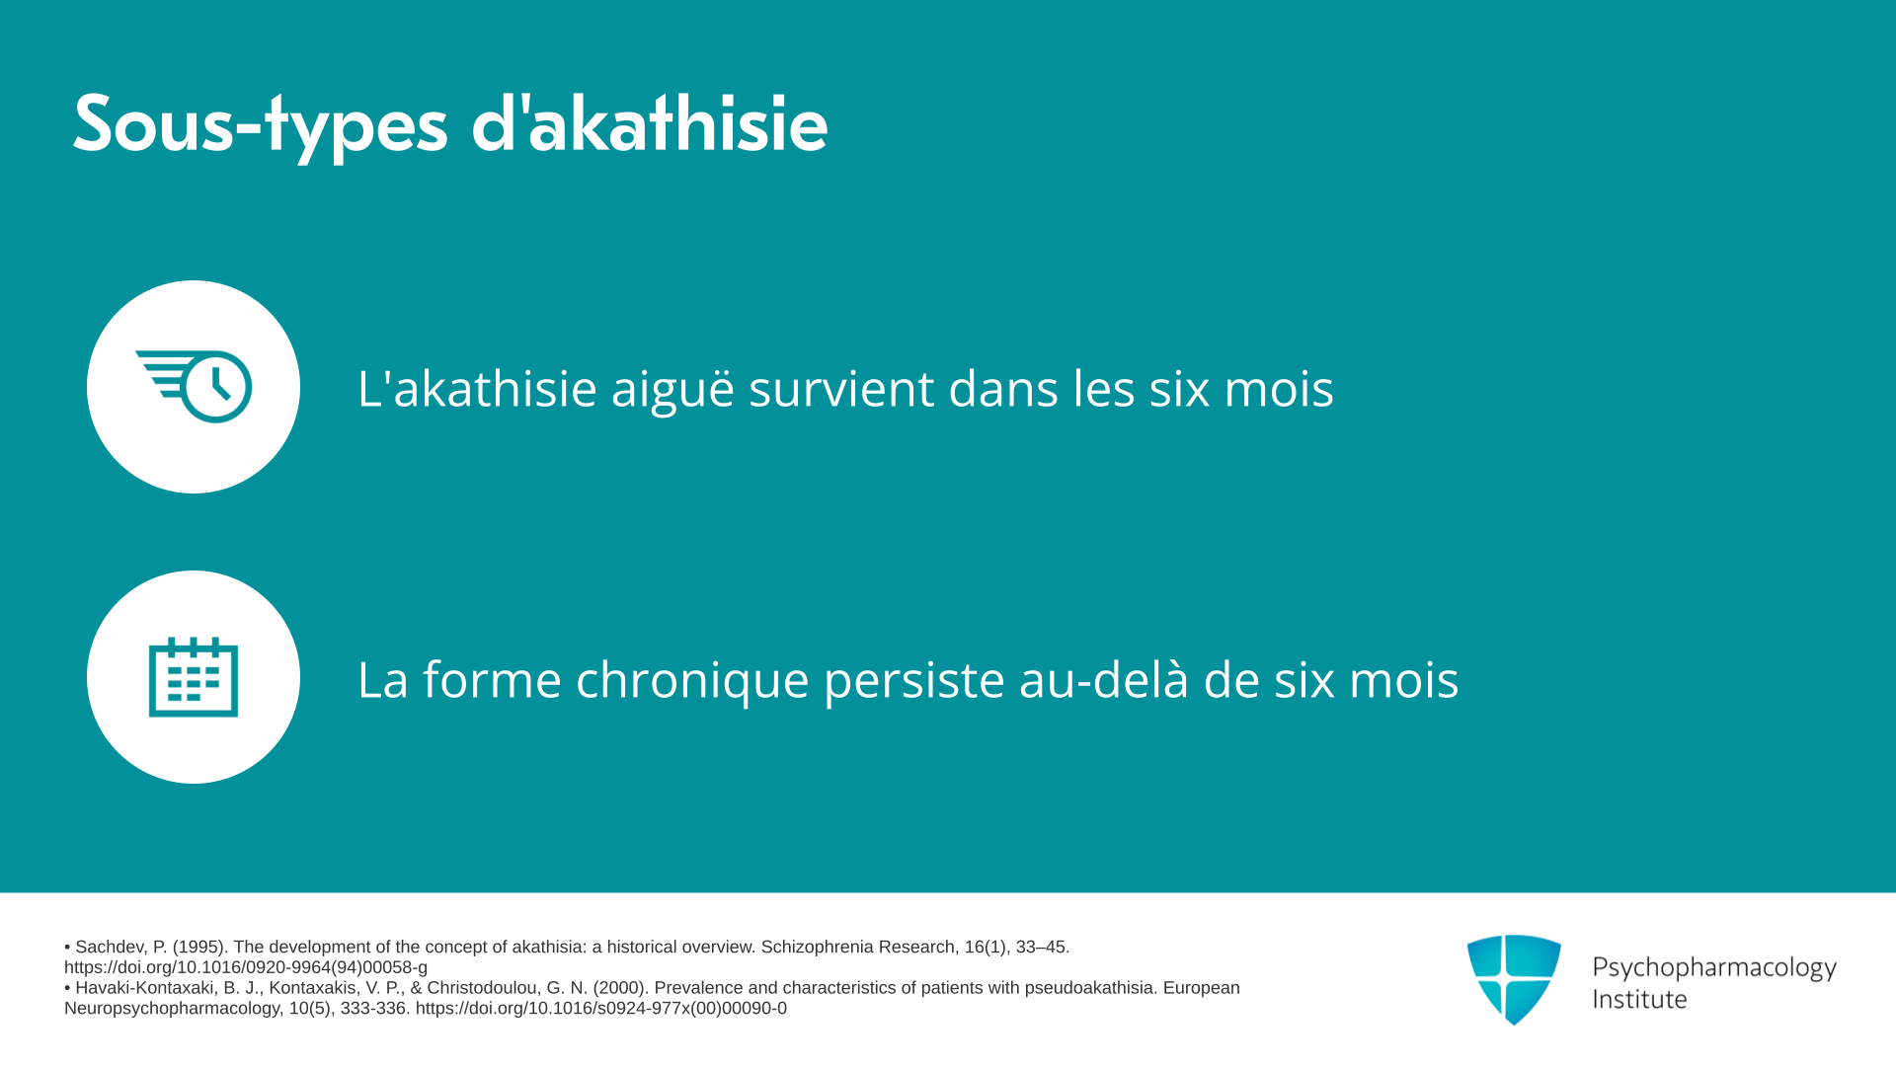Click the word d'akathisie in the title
coord(650,122)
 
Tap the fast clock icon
coord(194,386)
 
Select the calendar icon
coord(194,677)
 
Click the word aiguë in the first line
coord(672,388)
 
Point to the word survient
coord(841,388)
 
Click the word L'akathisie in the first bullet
coord(477,387)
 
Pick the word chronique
coord(692,680)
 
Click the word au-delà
coord(1104,679)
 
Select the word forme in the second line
coord(492,679)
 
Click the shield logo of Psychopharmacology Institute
coord(1514,979)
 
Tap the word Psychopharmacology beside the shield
coord(1714,968)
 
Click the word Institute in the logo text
coord(1639,999)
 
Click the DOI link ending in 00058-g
coord(246,968)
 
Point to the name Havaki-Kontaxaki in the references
coord(145,988)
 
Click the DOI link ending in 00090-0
coord(601,1009)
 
